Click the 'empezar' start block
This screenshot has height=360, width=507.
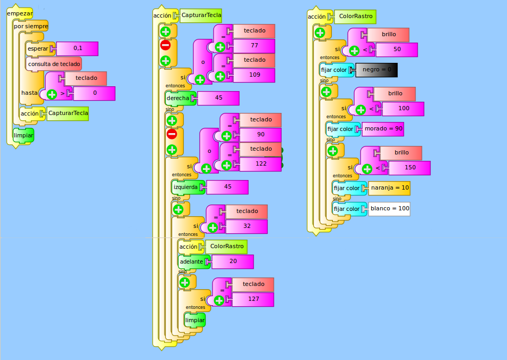click(20, 14)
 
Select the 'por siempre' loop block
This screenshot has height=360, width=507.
click(31, 26)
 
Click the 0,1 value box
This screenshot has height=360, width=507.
click(78, 48)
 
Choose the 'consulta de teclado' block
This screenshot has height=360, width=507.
click(54, 64)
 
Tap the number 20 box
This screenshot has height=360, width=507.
click(233, 261)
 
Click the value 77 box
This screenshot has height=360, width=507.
click(254, 46)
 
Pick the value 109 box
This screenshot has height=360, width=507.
click(254, 75)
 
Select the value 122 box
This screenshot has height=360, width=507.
click(260, 164)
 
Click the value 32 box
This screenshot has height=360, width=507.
click(247, 226)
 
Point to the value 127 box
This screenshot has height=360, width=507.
click(253, 299)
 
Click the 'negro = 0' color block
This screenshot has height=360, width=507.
click(377, 70)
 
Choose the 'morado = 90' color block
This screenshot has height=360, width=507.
click(383, 129)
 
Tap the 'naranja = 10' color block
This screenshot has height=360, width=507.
click(389, 188)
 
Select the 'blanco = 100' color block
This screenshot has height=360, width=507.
click(389, 209)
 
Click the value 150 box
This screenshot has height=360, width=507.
click(410, 168)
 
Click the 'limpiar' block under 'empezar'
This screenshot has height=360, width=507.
click(23, 135)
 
